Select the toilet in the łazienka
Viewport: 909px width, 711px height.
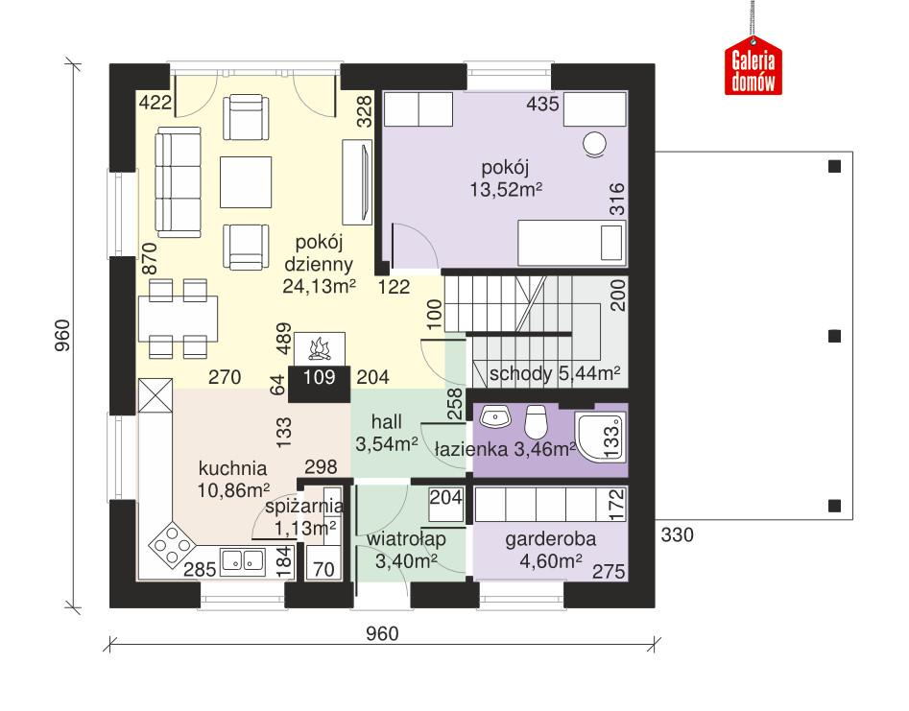click(538, 421)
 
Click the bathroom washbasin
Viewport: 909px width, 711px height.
click(494, 417)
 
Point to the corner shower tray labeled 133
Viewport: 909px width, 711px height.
click(601, 438)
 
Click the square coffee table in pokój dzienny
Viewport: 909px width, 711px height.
click(246, 179)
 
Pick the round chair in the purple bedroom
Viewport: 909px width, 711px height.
click(595, 144)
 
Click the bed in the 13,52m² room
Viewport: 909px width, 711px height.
click(571, 239)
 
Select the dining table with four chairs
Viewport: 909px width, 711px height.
click(178, 317)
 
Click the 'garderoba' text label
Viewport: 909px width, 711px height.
click(551, 540)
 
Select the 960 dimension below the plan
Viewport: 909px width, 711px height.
click(382, 634)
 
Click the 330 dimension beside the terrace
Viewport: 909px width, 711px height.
click(679, 534)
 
